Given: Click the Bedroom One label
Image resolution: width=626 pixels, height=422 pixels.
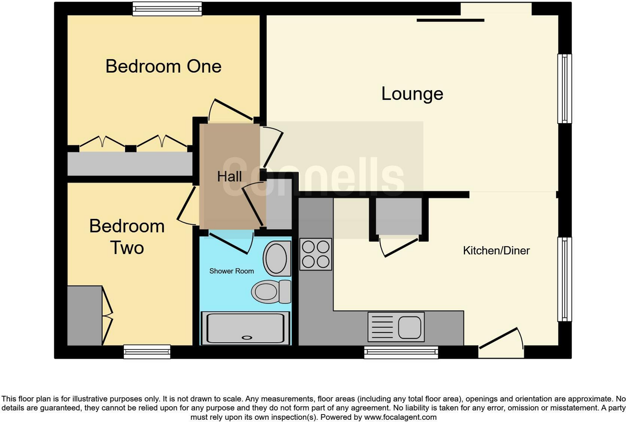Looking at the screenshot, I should (x=163, y=66).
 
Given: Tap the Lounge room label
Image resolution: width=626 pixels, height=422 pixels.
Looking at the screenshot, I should (x=412, y=94).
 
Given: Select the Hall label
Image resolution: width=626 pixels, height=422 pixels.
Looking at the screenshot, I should (x=229, y=177).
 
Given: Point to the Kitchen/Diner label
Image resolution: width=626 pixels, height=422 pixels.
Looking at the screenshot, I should (x=496, y=250).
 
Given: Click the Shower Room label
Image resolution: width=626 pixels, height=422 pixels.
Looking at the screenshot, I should (x=231, y=271).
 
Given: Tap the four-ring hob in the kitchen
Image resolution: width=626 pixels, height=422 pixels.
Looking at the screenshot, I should (x=316, y=254).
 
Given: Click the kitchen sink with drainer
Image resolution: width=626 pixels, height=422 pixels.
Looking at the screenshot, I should (x=396, y=327).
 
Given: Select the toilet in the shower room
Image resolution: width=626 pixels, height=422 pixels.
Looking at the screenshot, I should (x=271, y=291).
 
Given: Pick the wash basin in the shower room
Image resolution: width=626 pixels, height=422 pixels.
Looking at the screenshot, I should (x=277, y=258).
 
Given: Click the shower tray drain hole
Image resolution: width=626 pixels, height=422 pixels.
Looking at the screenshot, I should (x=247, y=338).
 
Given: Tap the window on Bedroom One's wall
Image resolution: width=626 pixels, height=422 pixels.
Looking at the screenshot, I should (x=167, y=9).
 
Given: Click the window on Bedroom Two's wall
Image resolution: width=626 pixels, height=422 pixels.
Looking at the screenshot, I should (x=147, y=352).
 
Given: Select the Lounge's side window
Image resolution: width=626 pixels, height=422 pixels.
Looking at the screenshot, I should (x=564, y=89).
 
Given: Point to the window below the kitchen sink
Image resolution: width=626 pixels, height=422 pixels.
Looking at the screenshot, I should (x=401, y=352).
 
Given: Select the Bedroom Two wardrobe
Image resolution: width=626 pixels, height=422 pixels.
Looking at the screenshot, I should (x=85, y=316).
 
